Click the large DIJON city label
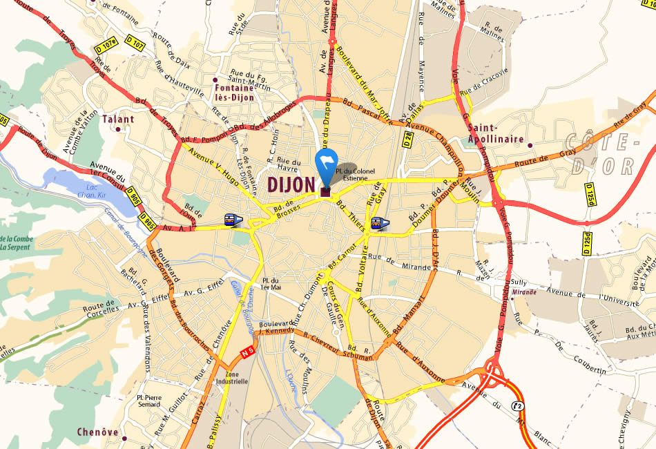[x=290, y=184]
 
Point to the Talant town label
[x=117, y=119]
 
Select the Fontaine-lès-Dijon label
[x=235, y=93]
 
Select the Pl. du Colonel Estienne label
[x=355, y=173]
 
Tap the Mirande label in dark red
[x=525, y=292]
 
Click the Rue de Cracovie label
[x=483, y=81]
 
